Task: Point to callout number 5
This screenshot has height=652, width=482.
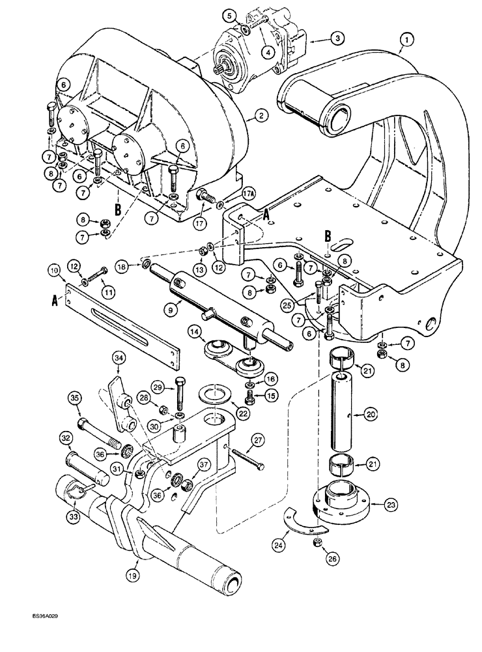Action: pyautogui.click(x=231, y=14)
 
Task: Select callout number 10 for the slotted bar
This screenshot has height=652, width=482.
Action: pyautogui.click(x=55, y=269)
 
